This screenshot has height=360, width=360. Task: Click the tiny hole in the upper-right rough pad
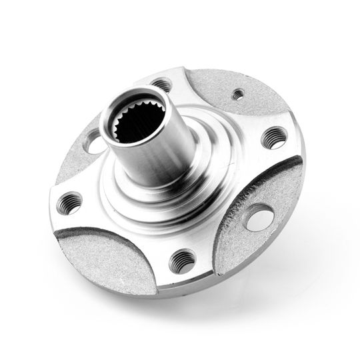237,94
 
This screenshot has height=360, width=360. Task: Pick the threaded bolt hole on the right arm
273,137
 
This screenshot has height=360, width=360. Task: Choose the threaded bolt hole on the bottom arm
182,261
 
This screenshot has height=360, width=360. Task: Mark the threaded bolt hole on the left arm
69,203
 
